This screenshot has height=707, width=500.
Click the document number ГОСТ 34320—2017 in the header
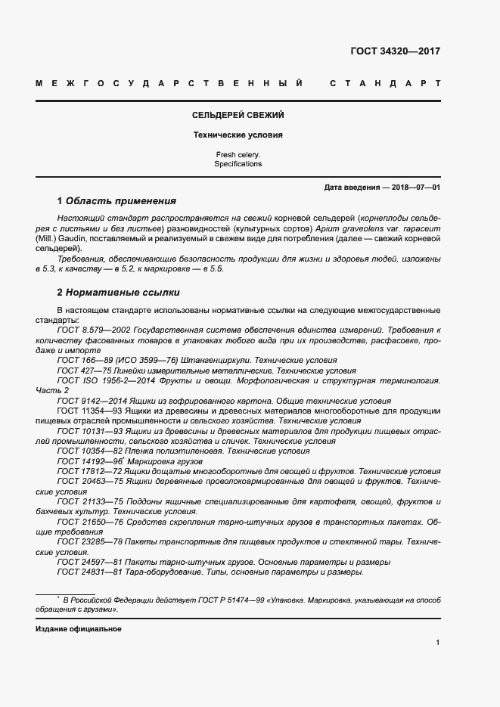coord(395,51)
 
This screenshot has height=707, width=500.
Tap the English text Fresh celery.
coord(238,154)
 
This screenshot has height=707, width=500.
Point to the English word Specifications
coord(238,163)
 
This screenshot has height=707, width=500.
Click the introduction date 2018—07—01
coord(415,187)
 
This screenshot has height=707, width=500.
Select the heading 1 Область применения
coord(116,201)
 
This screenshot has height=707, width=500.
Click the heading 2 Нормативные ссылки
coord(118,292)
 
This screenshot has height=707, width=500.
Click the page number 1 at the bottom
coord(438,643)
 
